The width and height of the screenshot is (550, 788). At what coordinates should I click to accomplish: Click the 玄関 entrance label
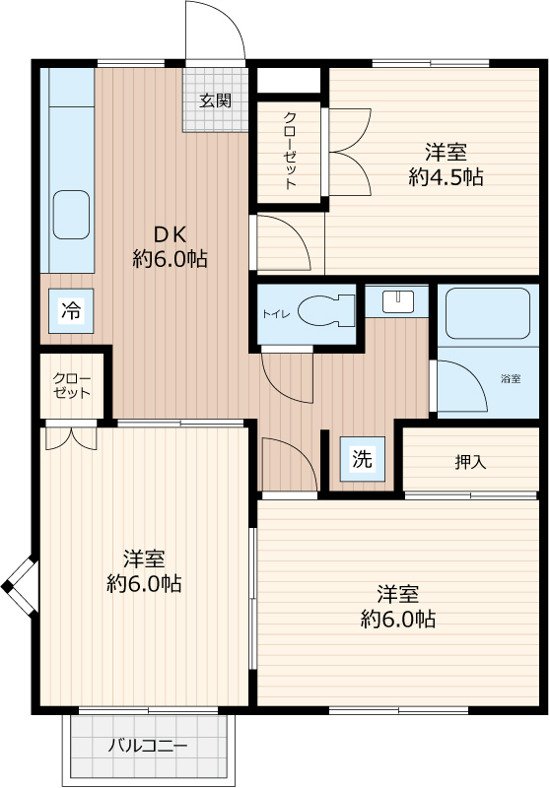215,100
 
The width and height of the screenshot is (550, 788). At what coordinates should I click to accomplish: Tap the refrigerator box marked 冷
71,310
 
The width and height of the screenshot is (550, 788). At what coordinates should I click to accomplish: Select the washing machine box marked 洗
362,459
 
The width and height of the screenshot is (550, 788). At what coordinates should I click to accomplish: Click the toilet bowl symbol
325,311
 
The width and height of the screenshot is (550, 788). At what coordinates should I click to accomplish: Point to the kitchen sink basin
71,215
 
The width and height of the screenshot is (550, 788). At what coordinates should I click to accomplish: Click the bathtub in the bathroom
488,313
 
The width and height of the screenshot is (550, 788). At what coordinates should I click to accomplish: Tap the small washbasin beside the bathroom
398,301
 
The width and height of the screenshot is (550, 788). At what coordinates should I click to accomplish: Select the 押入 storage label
470,462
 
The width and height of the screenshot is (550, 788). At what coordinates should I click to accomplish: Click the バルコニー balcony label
148,746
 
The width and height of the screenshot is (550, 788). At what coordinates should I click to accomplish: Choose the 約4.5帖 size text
446,177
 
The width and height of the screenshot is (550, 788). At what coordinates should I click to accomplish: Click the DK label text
170,234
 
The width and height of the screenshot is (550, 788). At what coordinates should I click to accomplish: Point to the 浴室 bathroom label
511,379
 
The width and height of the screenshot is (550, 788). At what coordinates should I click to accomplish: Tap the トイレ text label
276,314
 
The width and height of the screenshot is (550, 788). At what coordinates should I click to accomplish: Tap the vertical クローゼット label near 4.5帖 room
290,151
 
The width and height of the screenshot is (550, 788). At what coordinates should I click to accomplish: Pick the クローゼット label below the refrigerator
71,386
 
